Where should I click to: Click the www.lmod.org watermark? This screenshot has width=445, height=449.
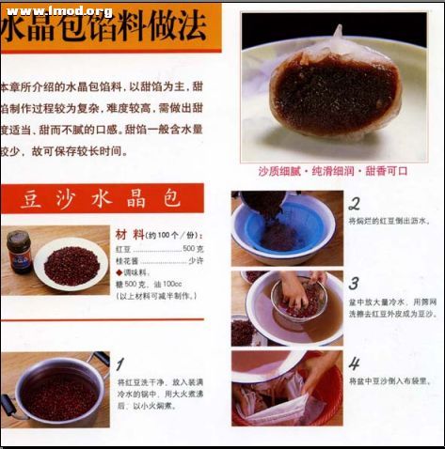pyautogui.click(x=58, y=10)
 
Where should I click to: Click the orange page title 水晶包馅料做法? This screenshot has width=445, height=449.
pyautogui.click(x=103, y=30)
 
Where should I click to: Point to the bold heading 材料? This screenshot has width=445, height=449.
pyautogui.click(x=130, y=234)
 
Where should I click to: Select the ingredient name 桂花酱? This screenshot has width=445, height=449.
pyautogui.click(x=128, y=260)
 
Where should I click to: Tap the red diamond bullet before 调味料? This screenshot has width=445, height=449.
pyautogui.click(x=119, y=272)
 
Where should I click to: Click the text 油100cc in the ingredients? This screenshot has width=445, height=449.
pyautogui.click(x=171, y=284)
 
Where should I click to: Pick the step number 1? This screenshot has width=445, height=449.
pyautogui.click(x=119, y=363)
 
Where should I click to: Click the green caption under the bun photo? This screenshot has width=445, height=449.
pyautogui.click(x=332, y=171)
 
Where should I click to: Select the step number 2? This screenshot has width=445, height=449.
pyautogui.click(x=354, y=203)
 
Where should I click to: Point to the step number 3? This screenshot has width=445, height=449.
pyautogui.click(x=354, y=283)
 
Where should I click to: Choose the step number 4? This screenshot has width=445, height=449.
pyautogui.click(x=354, y=363)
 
